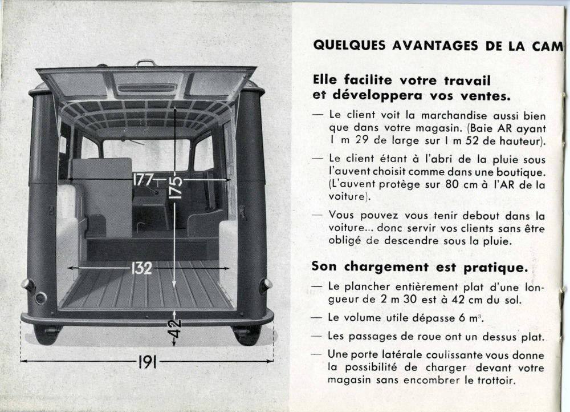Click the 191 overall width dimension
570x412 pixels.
click(146, 361)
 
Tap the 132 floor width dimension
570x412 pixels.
click(142, 268)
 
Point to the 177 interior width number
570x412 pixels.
click(143, 179)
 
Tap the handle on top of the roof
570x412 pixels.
click(145, 63)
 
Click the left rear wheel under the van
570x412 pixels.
click(47, 334)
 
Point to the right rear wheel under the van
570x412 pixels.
click(247, 334)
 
